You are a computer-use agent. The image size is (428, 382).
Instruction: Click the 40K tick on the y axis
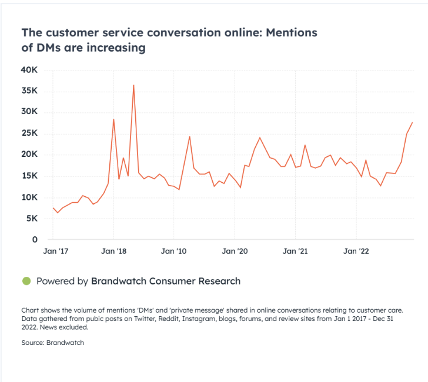click(x=30, y=70)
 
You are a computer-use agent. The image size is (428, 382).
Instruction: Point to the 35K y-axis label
click(x=30, y=91)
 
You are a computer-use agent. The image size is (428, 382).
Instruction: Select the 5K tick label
click(x=32, y=218)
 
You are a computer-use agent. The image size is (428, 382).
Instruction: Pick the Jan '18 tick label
click(x=113, y=252)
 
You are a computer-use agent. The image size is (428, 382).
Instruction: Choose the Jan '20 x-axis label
click(x=235, y=252)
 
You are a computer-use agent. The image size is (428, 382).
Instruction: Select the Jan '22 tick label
click(x=356, y=252)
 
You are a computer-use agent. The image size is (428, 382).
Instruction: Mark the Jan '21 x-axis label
click(x=296, y=252)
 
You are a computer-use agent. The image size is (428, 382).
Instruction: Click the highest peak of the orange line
click(x=133, y=85)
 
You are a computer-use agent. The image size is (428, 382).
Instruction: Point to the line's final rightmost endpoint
click(x=412, y=122)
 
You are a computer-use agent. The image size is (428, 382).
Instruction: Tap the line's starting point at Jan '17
click(x=53, y=208)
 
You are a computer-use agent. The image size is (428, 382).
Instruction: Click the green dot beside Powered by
click(x=26, y=281)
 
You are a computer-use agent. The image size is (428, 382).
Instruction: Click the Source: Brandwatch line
click(x=52, y=343)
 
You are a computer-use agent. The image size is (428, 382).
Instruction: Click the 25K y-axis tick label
click(x=30, y=133)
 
